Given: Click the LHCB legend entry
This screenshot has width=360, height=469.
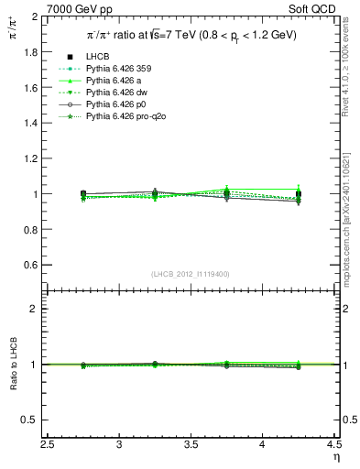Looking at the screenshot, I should (x=100, y=58).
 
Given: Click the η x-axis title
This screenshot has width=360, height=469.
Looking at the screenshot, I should (x=336, y=457).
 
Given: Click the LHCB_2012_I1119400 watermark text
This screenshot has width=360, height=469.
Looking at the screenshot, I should (x=191, y=274).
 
